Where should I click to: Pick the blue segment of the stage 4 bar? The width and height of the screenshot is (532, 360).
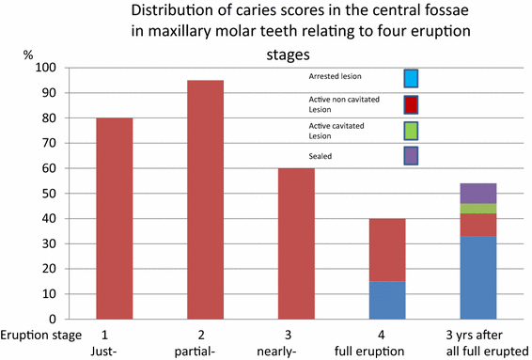point(386,300)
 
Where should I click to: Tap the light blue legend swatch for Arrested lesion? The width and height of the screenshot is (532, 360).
point(411,78)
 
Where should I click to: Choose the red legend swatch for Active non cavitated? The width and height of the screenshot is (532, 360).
point(411,104)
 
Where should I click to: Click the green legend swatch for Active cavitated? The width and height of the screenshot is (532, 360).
point(411,131)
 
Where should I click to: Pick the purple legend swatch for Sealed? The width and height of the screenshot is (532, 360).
point(411,155)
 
